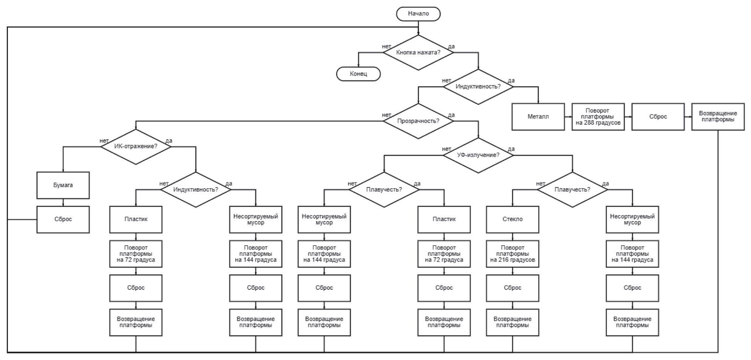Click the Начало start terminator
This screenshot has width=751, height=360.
pos(418,14)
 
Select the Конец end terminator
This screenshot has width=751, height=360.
pos(359,74)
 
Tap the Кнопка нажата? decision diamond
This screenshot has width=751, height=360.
pos(418,52)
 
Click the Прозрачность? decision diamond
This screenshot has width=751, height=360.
pos(418,121)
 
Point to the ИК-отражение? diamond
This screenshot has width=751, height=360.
pos(136,146)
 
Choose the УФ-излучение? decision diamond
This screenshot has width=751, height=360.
pos(478,155)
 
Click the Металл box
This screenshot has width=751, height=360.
pos(538,117)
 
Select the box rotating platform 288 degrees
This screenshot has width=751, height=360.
pos(598,117)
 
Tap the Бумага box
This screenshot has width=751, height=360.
pos(63,185)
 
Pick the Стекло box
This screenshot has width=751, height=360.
pos(512,219)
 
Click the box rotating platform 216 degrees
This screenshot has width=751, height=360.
pos(512,254)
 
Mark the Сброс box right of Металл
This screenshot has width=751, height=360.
pos(658,117)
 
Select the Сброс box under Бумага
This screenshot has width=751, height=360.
pos(63,219)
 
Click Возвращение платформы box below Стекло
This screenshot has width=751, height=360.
pos(512,322)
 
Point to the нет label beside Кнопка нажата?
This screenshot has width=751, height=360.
pos(386,47)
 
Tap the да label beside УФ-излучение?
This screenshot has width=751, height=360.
pos(511,149)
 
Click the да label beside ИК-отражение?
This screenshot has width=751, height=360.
pos(169,141)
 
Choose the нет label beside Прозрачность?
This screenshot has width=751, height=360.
pos(386,115)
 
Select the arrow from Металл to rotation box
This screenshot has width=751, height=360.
pos(568,117)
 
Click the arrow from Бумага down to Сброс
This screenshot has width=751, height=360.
pos(63,202)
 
